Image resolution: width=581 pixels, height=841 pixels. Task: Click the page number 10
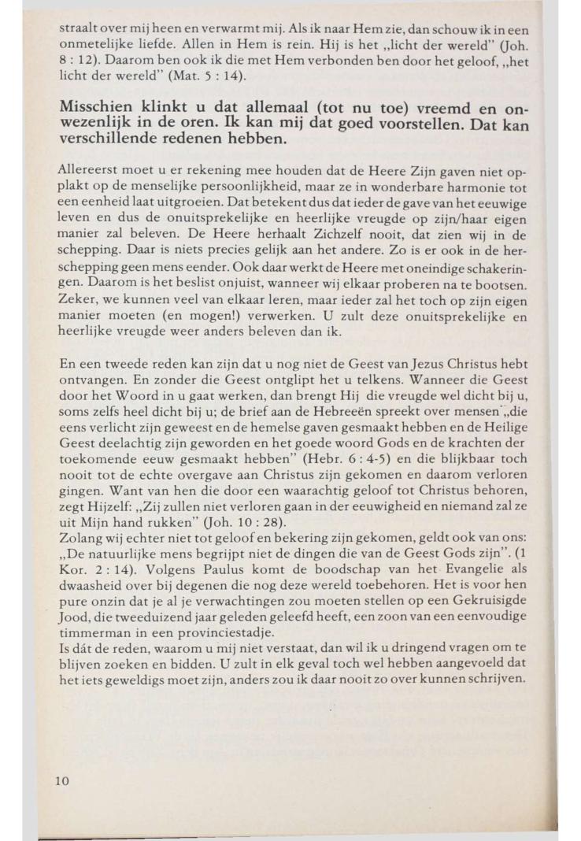(63, 780)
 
